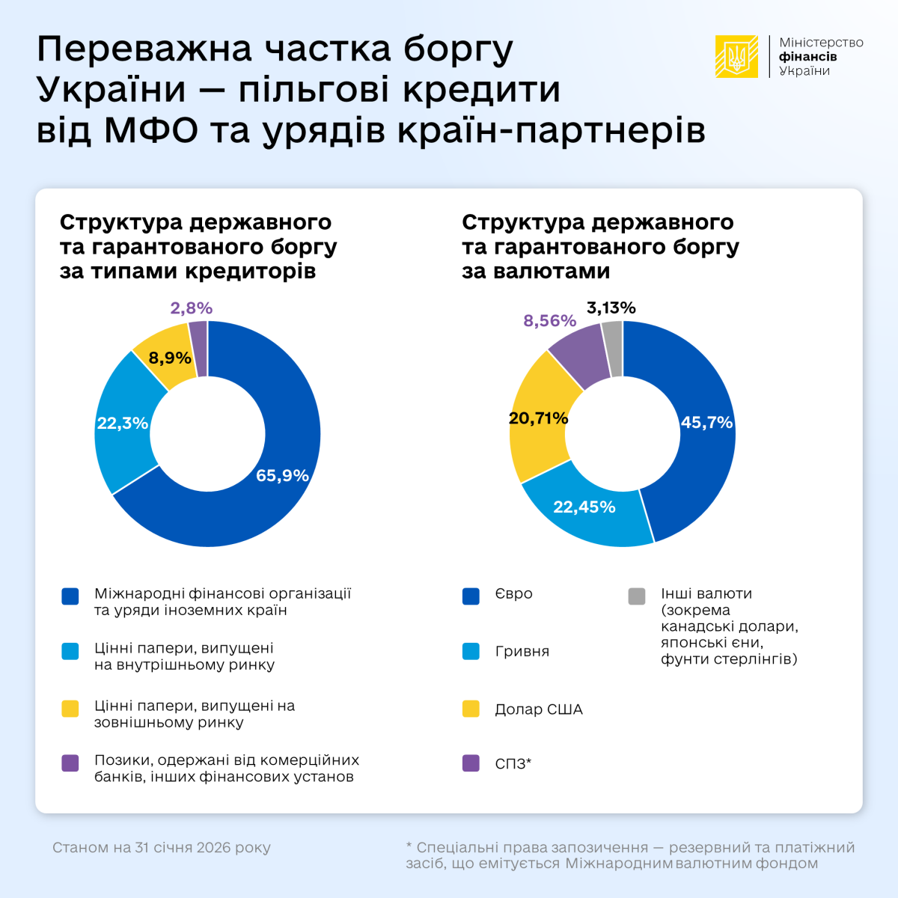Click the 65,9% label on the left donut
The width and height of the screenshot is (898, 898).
pos(282,475)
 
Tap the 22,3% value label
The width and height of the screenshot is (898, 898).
pos(123,423)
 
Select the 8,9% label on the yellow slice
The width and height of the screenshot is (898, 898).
pos(170,358)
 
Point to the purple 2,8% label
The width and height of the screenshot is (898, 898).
pos(192,308)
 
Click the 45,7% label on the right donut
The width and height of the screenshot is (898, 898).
pos(706,422)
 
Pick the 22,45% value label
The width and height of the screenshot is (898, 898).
pos(584,507)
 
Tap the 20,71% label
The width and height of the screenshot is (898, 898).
pos(538,418)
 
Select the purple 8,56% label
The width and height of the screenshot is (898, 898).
pos(550,320)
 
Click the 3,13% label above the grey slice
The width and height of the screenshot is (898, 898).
pos(611,308)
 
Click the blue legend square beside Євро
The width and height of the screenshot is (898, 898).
pos(471,596)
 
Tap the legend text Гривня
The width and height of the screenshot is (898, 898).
pos(522,651)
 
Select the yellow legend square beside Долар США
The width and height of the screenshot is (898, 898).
pos(471,709)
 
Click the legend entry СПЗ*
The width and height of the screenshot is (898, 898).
pos(513,764)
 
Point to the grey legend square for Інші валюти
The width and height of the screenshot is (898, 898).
pos(637,596)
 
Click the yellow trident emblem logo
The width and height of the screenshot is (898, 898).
pos(737,57)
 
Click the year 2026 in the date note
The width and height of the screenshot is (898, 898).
pos(214,848)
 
